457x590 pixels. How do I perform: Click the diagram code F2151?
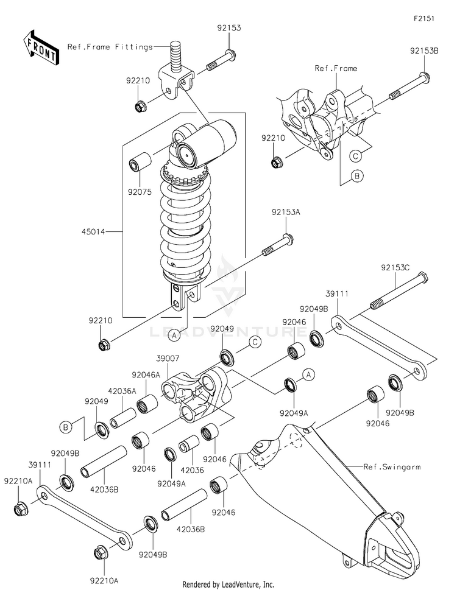coord(424,18)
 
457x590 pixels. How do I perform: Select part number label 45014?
coord(93,232)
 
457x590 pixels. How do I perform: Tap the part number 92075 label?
coord(140,192)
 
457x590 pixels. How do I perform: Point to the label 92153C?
coord(395,267)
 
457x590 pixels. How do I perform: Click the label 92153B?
coord(424,51)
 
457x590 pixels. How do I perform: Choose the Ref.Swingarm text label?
coord(392,467)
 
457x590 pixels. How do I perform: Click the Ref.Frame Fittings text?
coord(110,47)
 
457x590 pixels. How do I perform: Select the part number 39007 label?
coord(168,358)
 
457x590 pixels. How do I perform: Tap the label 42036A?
coord(122,391)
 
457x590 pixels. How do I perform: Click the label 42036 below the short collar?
coord(192,470)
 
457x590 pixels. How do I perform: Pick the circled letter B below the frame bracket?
coord(357,176)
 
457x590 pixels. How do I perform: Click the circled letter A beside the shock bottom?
coord(174,335)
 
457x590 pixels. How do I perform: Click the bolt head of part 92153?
coord(231,55)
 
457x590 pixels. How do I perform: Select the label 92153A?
coord(286,212)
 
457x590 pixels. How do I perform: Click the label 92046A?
coord(146,375)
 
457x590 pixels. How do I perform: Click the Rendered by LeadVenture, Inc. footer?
coord(228,585)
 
